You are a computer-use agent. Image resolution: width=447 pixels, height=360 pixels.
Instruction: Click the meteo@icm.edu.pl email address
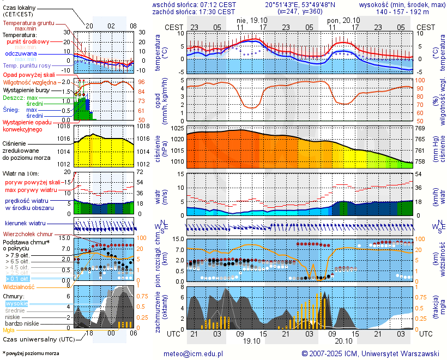click(x=194, y=353)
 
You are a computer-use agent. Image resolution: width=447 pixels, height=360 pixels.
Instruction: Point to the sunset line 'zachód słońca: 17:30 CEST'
click(x=194, y=11)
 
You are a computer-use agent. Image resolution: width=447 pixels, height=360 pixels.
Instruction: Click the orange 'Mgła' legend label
click(x=9, y=330)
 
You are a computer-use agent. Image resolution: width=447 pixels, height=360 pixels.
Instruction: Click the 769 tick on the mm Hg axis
click(x=420, y=128)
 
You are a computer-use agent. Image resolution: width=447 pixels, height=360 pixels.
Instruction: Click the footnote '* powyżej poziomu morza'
click(x=31, y=353)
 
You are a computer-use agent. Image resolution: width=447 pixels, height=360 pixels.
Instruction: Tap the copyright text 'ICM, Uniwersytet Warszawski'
click(x=392, y=353)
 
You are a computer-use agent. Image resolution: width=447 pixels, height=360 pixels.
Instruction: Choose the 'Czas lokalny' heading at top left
click(x=20, y=7)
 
